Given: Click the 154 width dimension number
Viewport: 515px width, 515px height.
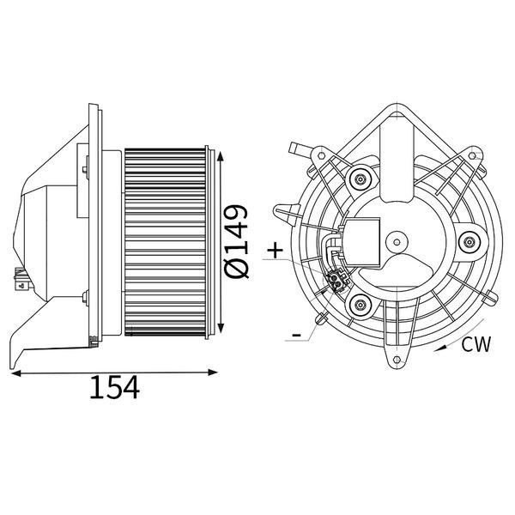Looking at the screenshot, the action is point(114,387).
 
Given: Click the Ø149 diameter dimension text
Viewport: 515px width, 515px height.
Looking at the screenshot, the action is point(236,242).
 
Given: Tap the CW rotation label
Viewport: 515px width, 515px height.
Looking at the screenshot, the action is point(476,344).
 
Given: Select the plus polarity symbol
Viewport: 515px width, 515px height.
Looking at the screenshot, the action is point(276,251).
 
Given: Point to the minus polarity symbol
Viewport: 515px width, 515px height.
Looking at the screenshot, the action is point(296,335).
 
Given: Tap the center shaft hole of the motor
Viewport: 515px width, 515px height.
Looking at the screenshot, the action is point(397,242).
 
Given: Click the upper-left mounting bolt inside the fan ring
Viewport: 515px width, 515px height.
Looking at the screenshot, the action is point(360,179).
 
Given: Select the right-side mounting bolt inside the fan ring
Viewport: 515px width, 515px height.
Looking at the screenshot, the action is point(468,242).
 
